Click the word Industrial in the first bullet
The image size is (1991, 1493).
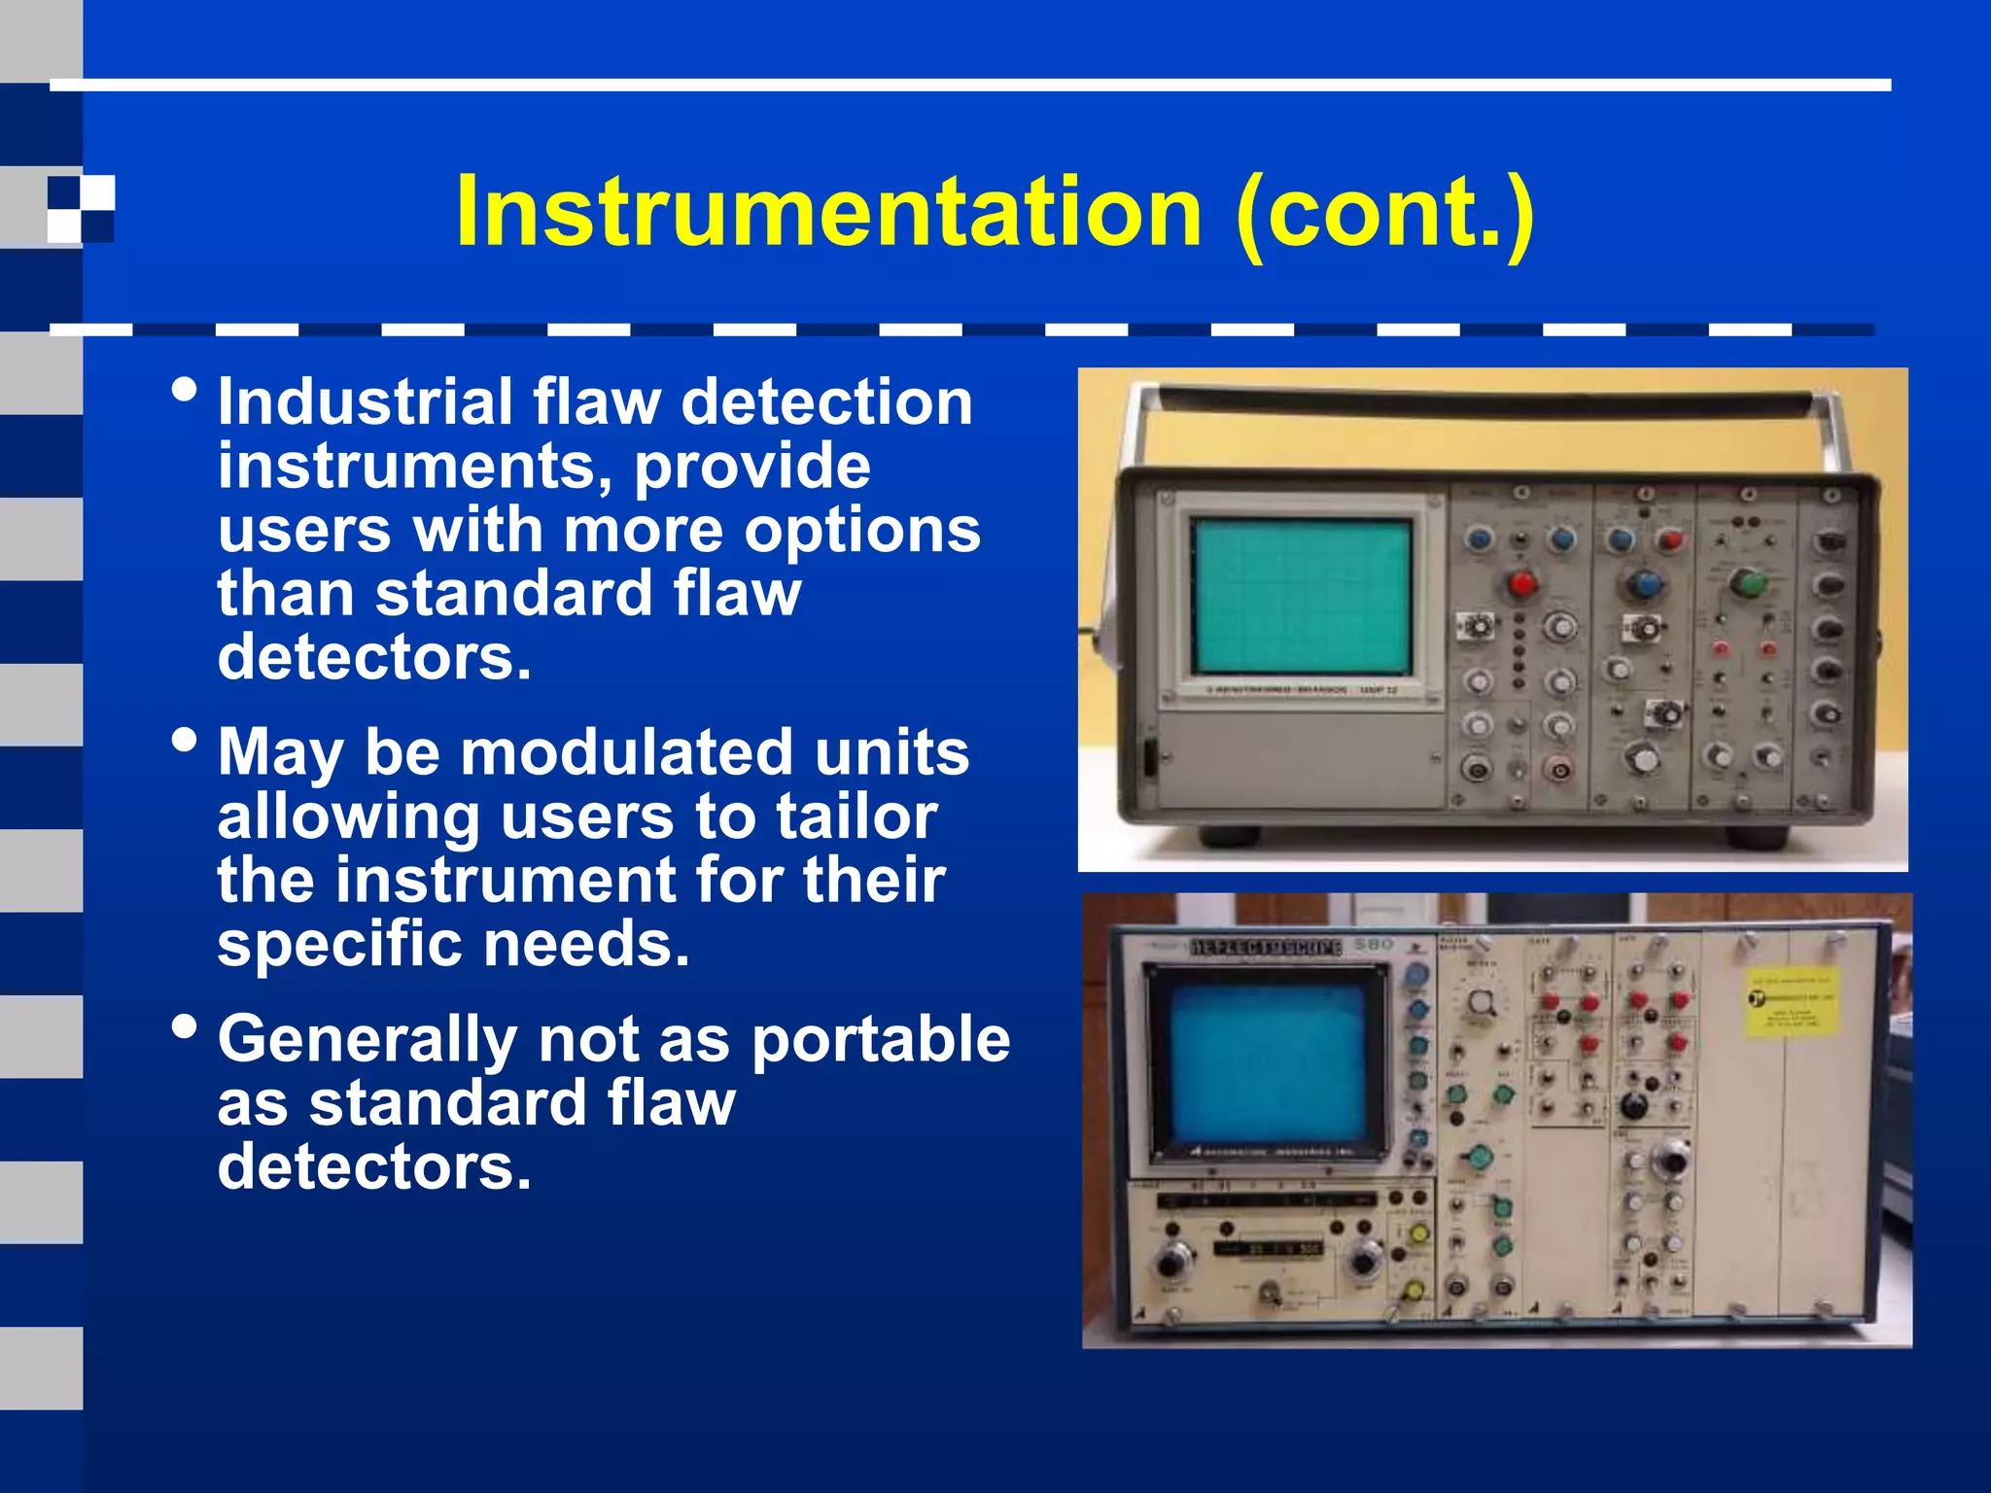365,402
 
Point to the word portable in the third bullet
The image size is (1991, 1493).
881,1039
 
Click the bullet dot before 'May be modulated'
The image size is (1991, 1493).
184,741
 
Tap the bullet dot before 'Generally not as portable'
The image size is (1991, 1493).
184,1026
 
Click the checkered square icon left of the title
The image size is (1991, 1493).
82,209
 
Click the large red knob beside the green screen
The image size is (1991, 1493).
1521,584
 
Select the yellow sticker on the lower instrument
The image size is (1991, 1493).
1791,1002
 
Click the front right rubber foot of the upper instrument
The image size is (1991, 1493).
1756,837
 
